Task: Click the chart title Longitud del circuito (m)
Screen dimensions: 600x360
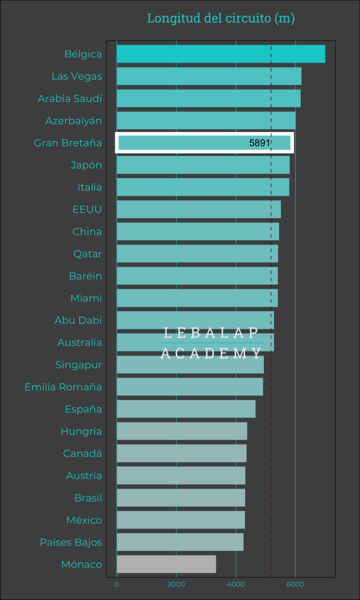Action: tap(220, 18)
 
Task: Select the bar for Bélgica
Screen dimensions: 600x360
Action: tap(220, 54)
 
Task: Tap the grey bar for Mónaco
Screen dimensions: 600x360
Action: tap(166, 564)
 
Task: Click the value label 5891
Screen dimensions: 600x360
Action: tap(259, 143)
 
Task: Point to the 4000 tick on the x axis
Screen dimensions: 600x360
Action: tap(236, 584)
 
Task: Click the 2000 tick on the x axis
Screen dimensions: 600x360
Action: tap(176, 584)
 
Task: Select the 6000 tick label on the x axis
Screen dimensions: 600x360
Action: tap(295, 584)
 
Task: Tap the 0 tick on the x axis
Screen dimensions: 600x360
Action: tap(117, 584)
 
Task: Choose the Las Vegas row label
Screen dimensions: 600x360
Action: tap(77, 76)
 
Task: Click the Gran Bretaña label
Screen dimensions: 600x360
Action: tap(68, 143)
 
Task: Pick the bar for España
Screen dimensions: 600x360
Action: tap(186, 409)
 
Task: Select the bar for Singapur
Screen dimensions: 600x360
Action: tap(190, 364)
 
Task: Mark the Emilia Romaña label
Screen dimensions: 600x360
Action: tap(63, 387)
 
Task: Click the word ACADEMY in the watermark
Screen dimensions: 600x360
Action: tap(211, 353)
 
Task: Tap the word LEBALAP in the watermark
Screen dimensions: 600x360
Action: tap(211, 333)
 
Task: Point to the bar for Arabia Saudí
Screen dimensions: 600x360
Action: tap(208, 98)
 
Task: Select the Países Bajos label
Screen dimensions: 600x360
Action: tap(71, 542)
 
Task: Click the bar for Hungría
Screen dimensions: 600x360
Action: tap(182, 431)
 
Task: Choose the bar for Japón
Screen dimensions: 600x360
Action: tap(203, 165)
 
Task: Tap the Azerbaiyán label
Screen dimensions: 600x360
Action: tap(74, 121)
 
